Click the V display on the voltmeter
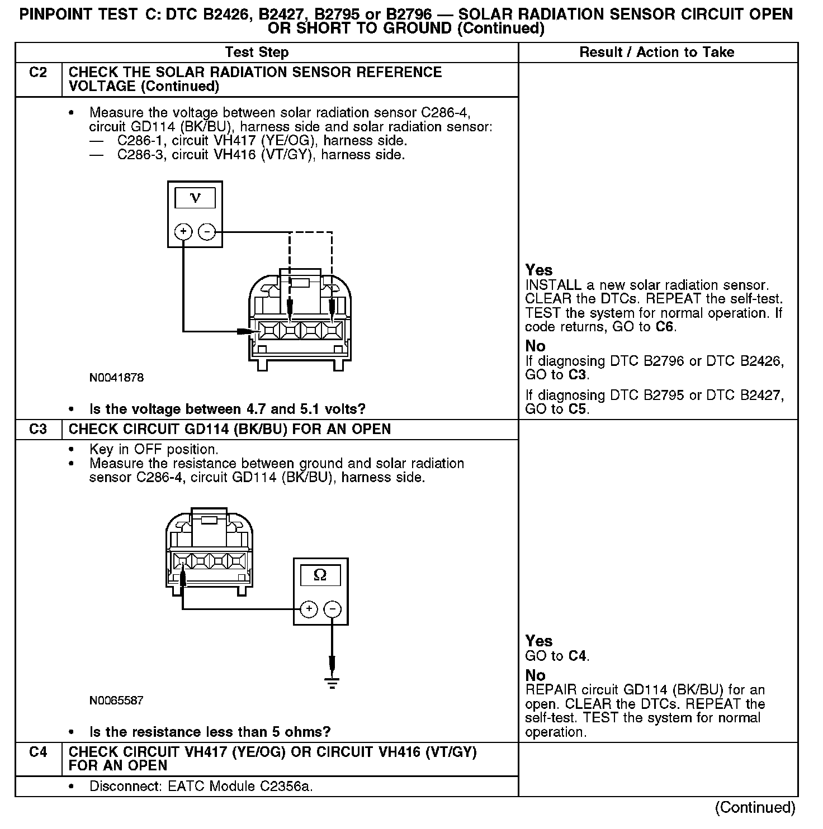[x=195, y=198]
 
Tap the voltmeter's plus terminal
[x=183, y=231]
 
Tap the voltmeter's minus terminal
[x=207, y=231]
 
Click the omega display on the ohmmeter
[x=320, y=575]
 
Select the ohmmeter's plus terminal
[x=309, y=609]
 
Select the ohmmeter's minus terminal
[x=333, y=609]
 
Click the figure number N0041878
[x=116, y=378]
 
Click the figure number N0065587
[x=116, y=701]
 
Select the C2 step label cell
[x=38, y=73]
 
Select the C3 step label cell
[x=38, y=430]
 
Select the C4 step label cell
[x=38, y=752]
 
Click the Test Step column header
[x=257, y=53]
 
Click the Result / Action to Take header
[x=657, y=53]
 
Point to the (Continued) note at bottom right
[x=755, y=807]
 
